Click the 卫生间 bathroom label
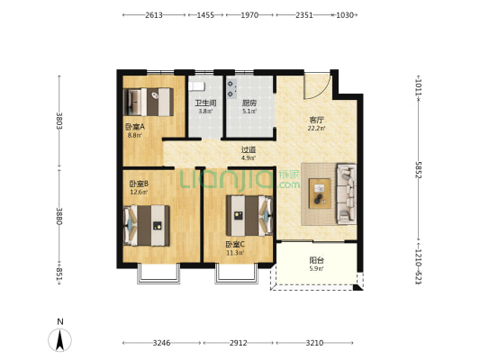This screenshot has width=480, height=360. click(x=205, y=103)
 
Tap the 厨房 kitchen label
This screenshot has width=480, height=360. click(x=249, y=103)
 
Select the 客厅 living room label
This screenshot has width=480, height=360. click(x=316, y=120)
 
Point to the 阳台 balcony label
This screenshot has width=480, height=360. click(x=316, y=261)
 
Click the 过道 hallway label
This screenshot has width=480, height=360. click(x=249, y=150)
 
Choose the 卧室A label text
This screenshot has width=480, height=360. click(x=135, y=127)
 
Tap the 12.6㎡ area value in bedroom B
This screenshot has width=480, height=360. click(x=139, y=192)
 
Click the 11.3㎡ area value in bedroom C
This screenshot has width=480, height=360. click(x=235, y=253)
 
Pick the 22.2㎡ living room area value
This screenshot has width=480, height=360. click(x=316, y=128)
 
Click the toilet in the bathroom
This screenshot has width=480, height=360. click(x=196, y=85)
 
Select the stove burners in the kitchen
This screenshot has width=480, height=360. click(x=231, y=89)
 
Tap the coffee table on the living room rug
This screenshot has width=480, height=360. click(x=320, y=193)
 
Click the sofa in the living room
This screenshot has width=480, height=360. click(x=346, y=193)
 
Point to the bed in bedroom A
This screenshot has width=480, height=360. click(x=149, y=103)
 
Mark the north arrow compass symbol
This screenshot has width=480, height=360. click(x=60, y=340)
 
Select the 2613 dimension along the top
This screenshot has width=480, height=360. click(x=154, y=15)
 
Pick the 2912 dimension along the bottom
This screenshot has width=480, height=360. click(x=239, y=343)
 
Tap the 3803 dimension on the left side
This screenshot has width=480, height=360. click(x=59, y=121)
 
